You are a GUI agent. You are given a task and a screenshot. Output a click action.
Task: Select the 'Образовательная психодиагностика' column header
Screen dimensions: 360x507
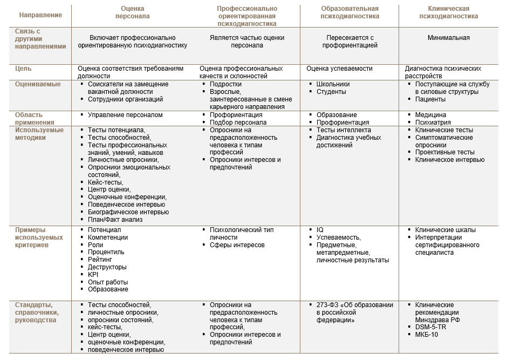point(350,12)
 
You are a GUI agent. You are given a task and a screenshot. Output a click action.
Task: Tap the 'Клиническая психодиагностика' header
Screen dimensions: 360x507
point(448,12)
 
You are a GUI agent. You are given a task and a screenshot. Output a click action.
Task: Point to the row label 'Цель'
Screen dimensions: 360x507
point(24,69)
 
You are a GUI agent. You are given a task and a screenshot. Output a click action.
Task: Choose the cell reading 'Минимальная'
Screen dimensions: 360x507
point(448,38)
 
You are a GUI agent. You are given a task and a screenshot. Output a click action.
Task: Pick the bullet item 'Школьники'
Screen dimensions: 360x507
point(333,84)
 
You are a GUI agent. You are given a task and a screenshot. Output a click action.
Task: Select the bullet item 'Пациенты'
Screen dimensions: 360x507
point(430,99)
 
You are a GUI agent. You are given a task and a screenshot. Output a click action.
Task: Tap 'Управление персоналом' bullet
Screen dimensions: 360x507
point(125,115)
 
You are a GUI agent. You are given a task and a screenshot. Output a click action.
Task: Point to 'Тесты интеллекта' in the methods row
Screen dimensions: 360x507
point(344,130)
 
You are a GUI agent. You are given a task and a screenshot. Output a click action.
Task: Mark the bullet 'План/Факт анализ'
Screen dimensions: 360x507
point(115,220)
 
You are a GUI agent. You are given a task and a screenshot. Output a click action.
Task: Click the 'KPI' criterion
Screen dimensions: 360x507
point(93,275)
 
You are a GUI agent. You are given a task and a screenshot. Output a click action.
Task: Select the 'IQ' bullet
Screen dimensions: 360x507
point(320,230)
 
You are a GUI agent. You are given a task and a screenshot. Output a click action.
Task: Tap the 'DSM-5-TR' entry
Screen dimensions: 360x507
point(430,327)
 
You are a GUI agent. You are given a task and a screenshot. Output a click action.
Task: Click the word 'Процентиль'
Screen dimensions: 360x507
point(106,252)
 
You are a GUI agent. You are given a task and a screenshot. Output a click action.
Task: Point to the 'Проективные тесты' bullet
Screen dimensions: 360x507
point(445,152)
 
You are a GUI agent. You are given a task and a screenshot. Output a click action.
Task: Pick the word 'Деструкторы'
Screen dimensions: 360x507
point(107,267)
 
